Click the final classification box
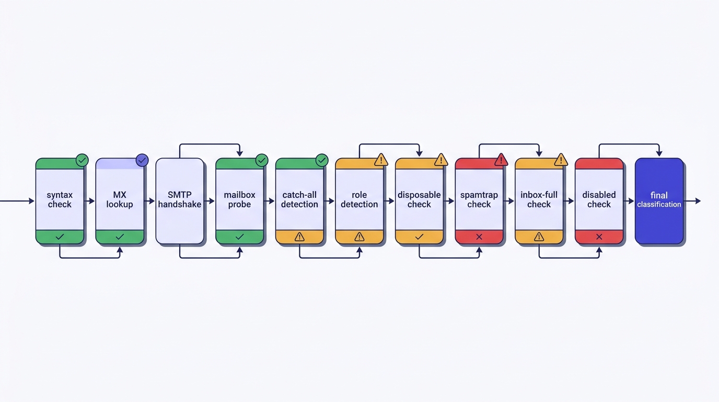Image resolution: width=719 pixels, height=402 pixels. pyautogui.click(x=659, y=201)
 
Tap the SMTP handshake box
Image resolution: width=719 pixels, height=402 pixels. pyautogui.click(x=180, y=201)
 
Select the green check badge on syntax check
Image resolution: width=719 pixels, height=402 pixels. pyautogui.click(x=82, y=160)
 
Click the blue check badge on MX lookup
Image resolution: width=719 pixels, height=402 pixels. pyautogui.click(x=142, y=160)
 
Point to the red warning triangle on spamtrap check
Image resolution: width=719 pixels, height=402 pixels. pyautogui.click(x=501, y=160)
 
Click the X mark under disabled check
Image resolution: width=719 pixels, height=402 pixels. pyautogui.click(x=599, y=237)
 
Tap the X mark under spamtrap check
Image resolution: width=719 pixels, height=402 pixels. pyautogui.click(x=479, y=237)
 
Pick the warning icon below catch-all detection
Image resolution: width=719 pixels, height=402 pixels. pyautogui.click(x=299, y=237)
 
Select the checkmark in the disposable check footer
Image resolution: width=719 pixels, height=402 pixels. pyautogui.click(x=419, y=237)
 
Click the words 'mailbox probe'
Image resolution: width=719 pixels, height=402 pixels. pyautogui.click(x=239, y=199)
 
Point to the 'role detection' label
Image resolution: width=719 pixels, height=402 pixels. pyautogui.click(x=359, y=199)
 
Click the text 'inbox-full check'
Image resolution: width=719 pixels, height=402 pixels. pyautogui.click(x=539, y=199)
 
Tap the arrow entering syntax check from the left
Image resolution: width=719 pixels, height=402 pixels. pyautogui.click(x=17, y=201)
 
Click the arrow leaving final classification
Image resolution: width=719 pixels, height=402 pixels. pyautogui.click(x=692, y=201)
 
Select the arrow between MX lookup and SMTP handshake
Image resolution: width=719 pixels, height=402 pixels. pyautogui.click(x=149, y=201)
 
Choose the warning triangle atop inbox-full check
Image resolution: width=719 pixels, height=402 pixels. pyautogui.click(x=561, y=160)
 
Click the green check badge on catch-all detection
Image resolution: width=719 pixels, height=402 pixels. pyautogui.click(x=322, y=160)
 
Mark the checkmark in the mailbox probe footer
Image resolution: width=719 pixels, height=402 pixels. pyautogui.click(x=239, y=237)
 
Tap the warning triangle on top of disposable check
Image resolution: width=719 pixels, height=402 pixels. pyautogui.click(x=441, y=160)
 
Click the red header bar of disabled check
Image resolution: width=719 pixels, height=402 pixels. pyautogui.click(x=599, y=163)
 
